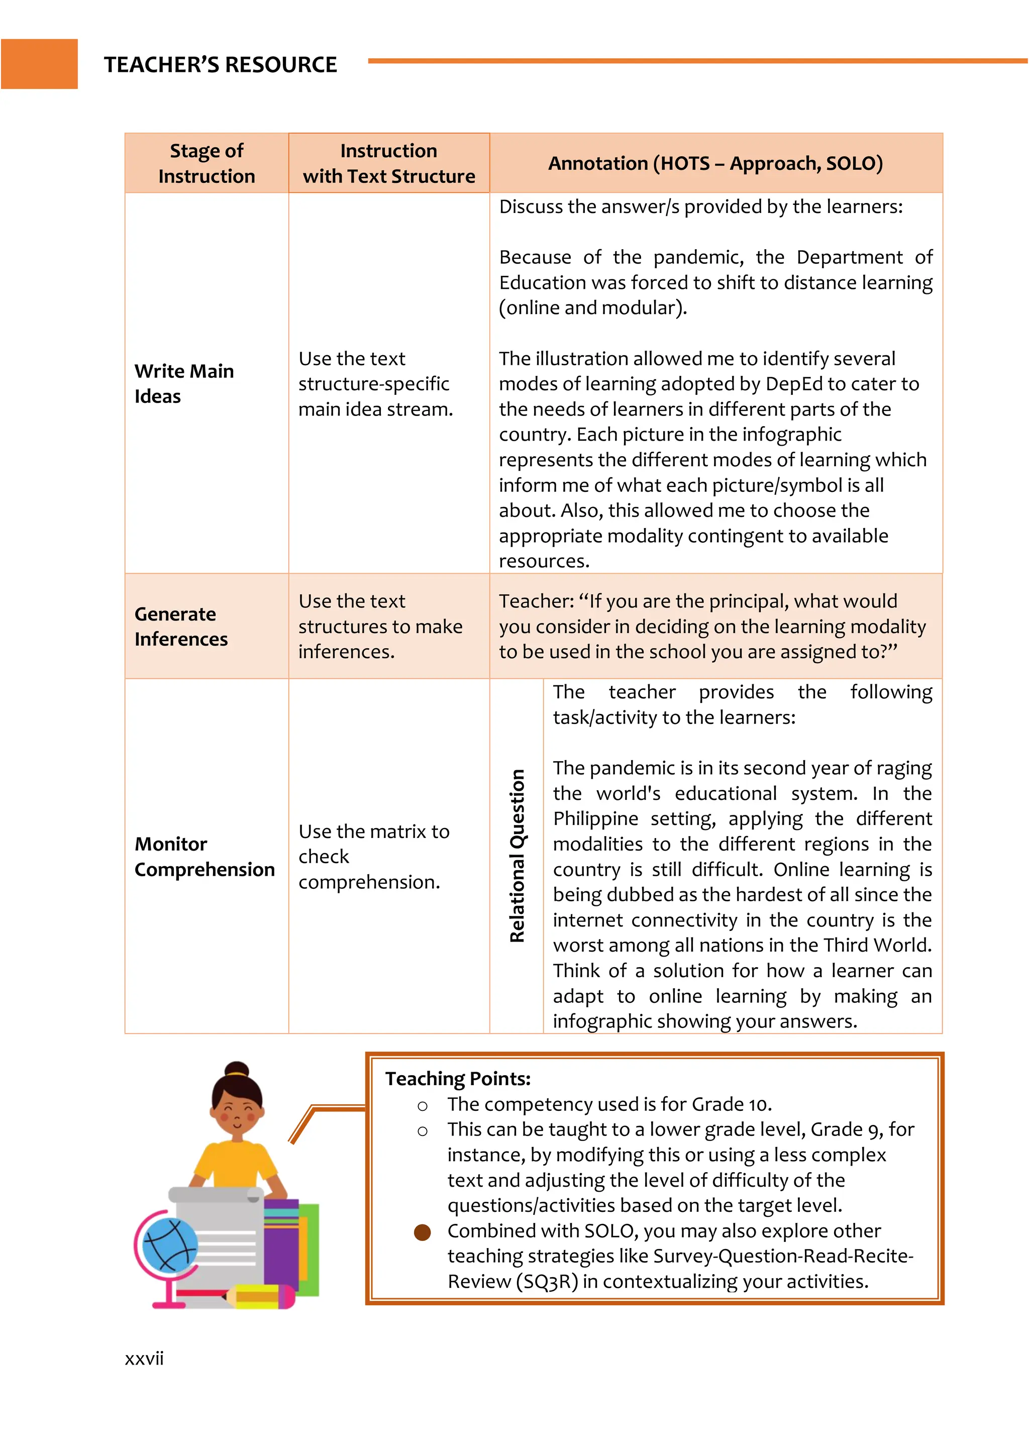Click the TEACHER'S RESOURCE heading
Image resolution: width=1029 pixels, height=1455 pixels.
pyautogui.click(x=220, y=65)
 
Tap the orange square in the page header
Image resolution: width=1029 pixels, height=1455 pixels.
pyautogui.click(x=39, y=64)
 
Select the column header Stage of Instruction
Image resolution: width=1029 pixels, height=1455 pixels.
pyautogui.click(x=207, y=163)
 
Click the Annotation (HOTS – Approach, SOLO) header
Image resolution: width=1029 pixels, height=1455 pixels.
pyautogui.click(x=715, y=163)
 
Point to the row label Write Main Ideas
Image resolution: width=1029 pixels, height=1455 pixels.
pyautogui.click(x=184, y=383)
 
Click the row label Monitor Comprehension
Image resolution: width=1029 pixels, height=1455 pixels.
pyautogui.click(x=204, y=857)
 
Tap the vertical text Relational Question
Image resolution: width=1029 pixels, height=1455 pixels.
pyautogui.click(x=517, y=856)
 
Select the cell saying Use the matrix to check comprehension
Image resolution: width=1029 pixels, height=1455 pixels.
pyautogui.click(x=374, y=857)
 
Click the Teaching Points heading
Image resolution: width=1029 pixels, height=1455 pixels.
pyautogui.click(x=458, y=1079)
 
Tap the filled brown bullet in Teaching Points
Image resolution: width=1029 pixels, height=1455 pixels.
pyautogui.click(x=422, y=1232)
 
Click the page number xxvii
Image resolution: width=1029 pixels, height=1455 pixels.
pyautogui.click(x=145, y=1359)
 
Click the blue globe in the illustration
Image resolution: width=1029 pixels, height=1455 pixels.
pyautogui.click(x=169, y=1246)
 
